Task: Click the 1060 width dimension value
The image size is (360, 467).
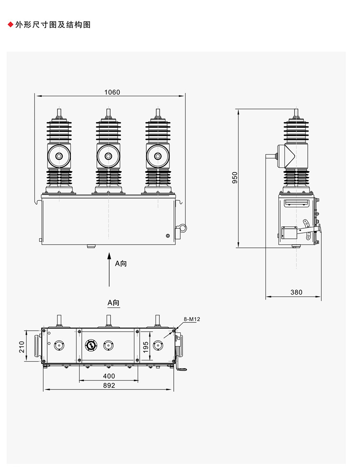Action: point(112,92)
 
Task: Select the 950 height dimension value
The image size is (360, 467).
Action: point(235,177)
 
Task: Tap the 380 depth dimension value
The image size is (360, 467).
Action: point(296,292)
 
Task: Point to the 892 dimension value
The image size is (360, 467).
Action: point(109,386)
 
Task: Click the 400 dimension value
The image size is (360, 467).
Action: point(109,376)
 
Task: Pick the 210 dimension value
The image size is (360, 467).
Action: point(22,347)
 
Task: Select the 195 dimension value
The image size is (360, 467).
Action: point(145,347)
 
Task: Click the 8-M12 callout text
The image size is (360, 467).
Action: point(192,319)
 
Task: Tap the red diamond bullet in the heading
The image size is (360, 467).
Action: point(10,25)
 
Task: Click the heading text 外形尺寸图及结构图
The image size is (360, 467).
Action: point(53,25)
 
